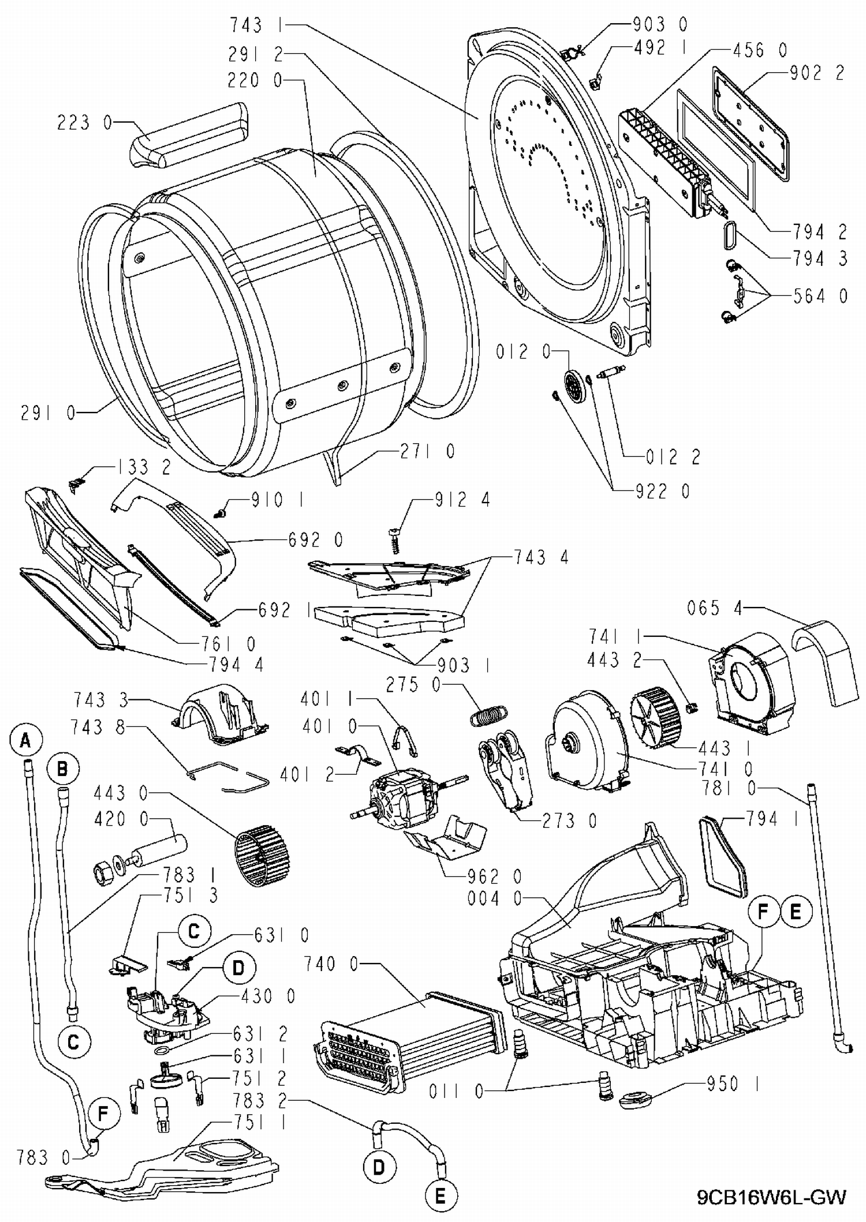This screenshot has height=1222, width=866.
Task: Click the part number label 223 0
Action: click(x=84, y=122)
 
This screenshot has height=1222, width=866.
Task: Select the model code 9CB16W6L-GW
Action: click(x=771, y=1197)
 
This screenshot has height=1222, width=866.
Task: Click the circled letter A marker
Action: click(x=25, y=740)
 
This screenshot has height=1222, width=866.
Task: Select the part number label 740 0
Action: click(x=331, y=964)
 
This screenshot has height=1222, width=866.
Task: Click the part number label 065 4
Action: click(x=714, y=608)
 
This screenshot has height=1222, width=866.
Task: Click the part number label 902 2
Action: click(x=818, y=73)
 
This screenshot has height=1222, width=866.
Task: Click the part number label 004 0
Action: click(x=494, y=898)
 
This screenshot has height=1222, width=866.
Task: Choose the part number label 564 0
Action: click(x=819, y=296)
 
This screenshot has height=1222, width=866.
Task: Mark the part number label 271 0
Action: click(x=428, y=451)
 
